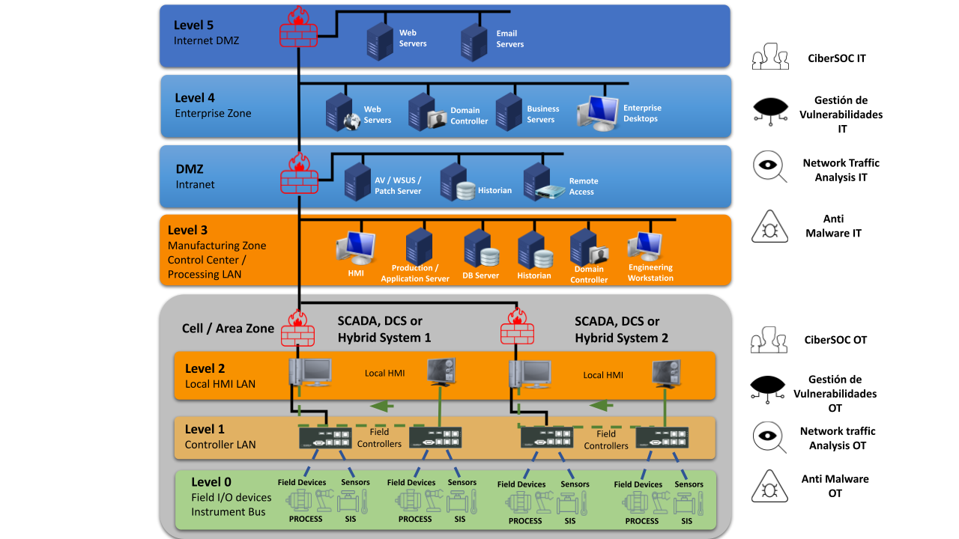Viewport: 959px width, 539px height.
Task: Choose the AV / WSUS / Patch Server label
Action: tap(398, 186)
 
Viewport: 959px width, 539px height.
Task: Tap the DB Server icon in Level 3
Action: tap(480, 249)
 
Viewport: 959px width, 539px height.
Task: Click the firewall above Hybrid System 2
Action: tap(517, 327)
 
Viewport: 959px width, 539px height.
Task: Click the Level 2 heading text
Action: tap(205, 368)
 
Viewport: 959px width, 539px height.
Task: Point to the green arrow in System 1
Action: tap(381, 406)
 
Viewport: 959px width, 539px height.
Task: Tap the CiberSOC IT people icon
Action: tap(770, 57)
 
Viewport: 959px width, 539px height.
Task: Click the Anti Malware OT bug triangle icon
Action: tap(769, 486)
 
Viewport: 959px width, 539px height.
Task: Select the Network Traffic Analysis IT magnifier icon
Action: tap(769, 167)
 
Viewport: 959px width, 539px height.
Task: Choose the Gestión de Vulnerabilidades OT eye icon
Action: tap(769, 388)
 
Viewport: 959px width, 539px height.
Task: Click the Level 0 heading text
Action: tap(211, 482)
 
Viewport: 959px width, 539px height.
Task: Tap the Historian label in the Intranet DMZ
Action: tap(494, 191)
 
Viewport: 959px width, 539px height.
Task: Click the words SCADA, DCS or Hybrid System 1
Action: tap(384, 329)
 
